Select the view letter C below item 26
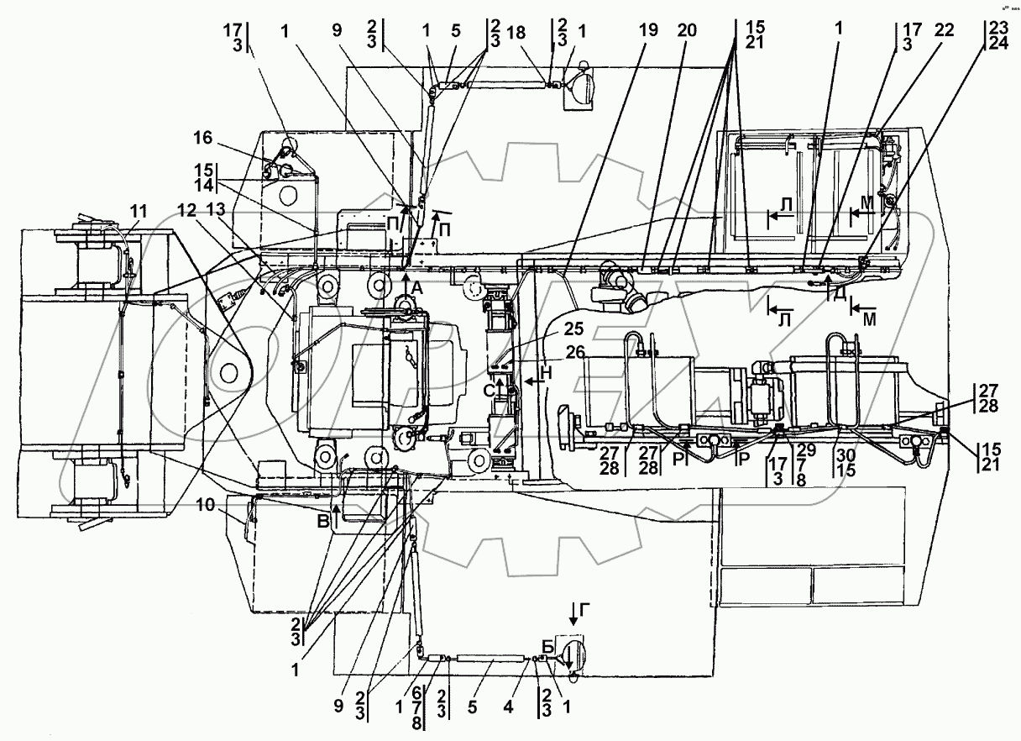pos(489,389)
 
